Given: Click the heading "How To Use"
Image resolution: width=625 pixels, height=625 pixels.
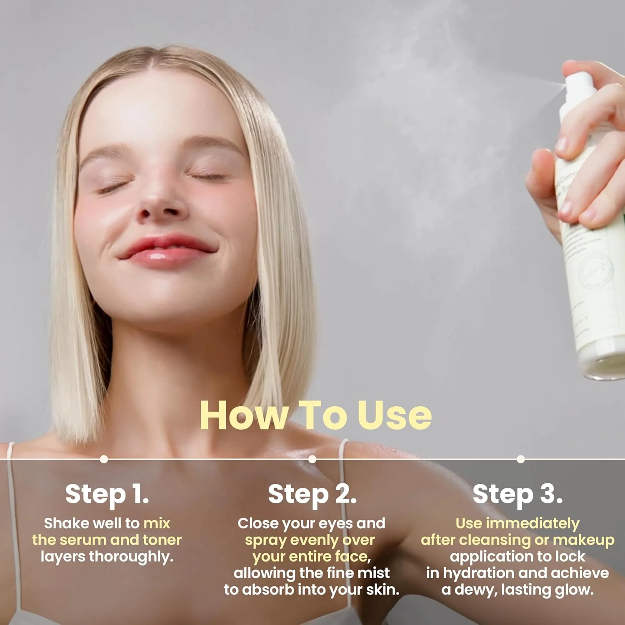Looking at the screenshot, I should [315, 415].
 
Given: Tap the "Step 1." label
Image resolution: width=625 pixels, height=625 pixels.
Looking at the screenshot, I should [107, 494].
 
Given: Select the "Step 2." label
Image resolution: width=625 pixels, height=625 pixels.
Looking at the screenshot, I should [312, 494].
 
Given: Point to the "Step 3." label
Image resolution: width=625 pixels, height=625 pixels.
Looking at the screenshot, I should [517, 494].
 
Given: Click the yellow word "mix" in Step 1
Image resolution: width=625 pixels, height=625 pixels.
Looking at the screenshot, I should [157, 523].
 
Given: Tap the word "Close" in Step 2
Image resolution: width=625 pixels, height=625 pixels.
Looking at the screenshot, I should [257, 523].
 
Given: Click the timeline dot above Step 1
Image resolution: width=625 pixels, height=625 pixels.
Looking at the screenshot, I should [104, 459].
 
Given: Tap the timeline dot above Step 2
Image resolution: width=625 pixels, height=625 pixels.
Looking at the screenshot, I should [312, 459].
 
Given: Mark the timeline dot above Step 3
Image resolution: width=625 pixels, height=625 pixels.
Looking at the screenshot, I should [520, 459].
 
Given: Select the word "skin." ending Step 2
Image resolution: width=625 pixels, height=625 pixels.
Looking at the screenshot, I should [382, 590].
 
